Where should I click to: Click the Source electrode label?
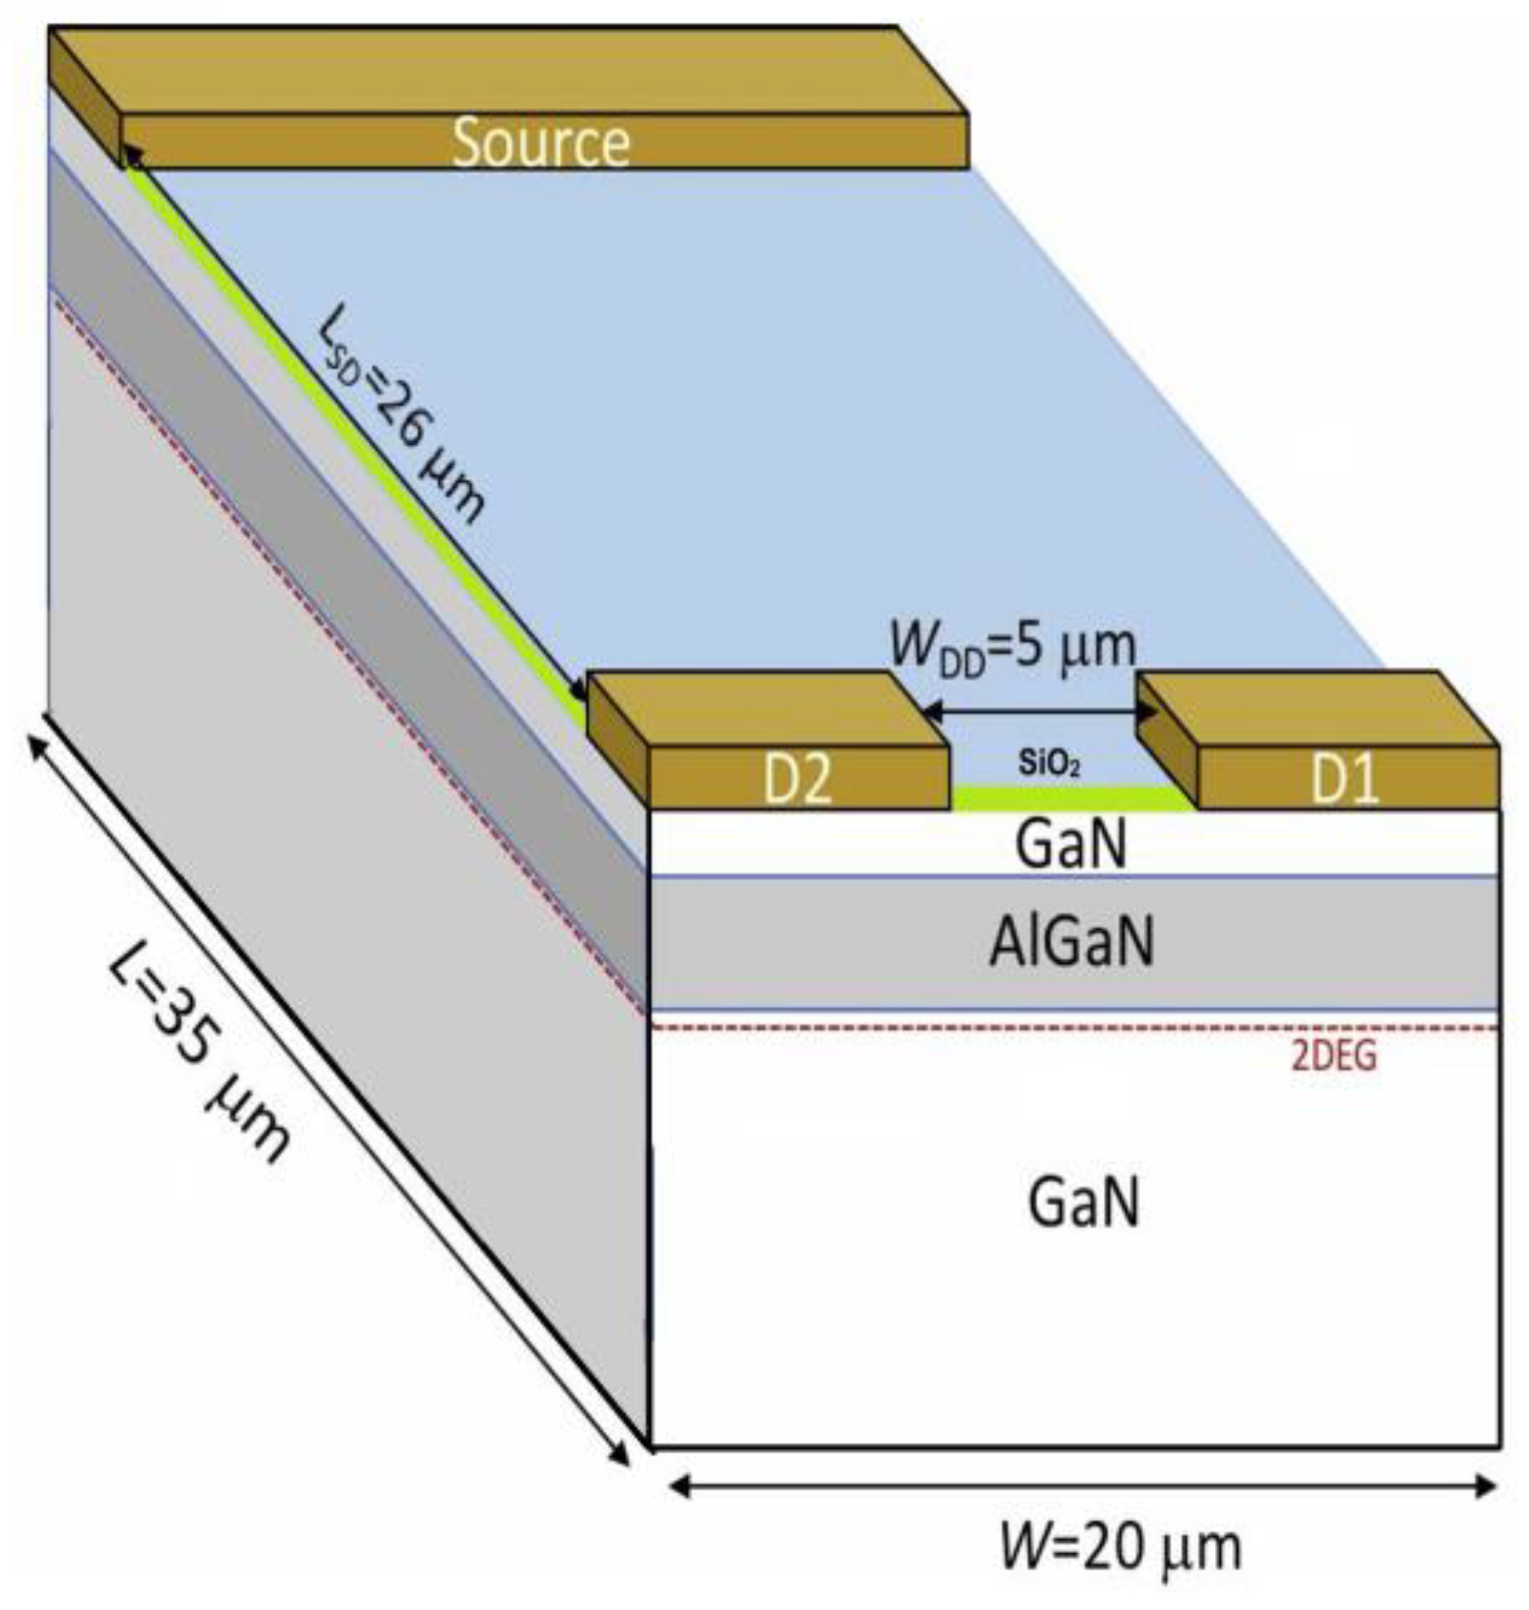[541, 142]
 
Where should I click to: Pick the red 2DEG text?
[1334, 1056]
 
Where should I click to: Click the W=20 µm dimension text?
[1120, 1547]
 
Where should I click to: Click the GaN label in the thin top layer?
[1072, 843]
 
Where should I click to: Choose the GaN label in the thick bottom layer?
[1083, 1203]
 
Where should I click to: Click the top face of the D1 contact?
[1318, 710]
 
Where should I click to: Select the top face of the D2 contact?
[768, 710]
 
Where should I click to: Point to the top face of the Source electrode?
[508, 72]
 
